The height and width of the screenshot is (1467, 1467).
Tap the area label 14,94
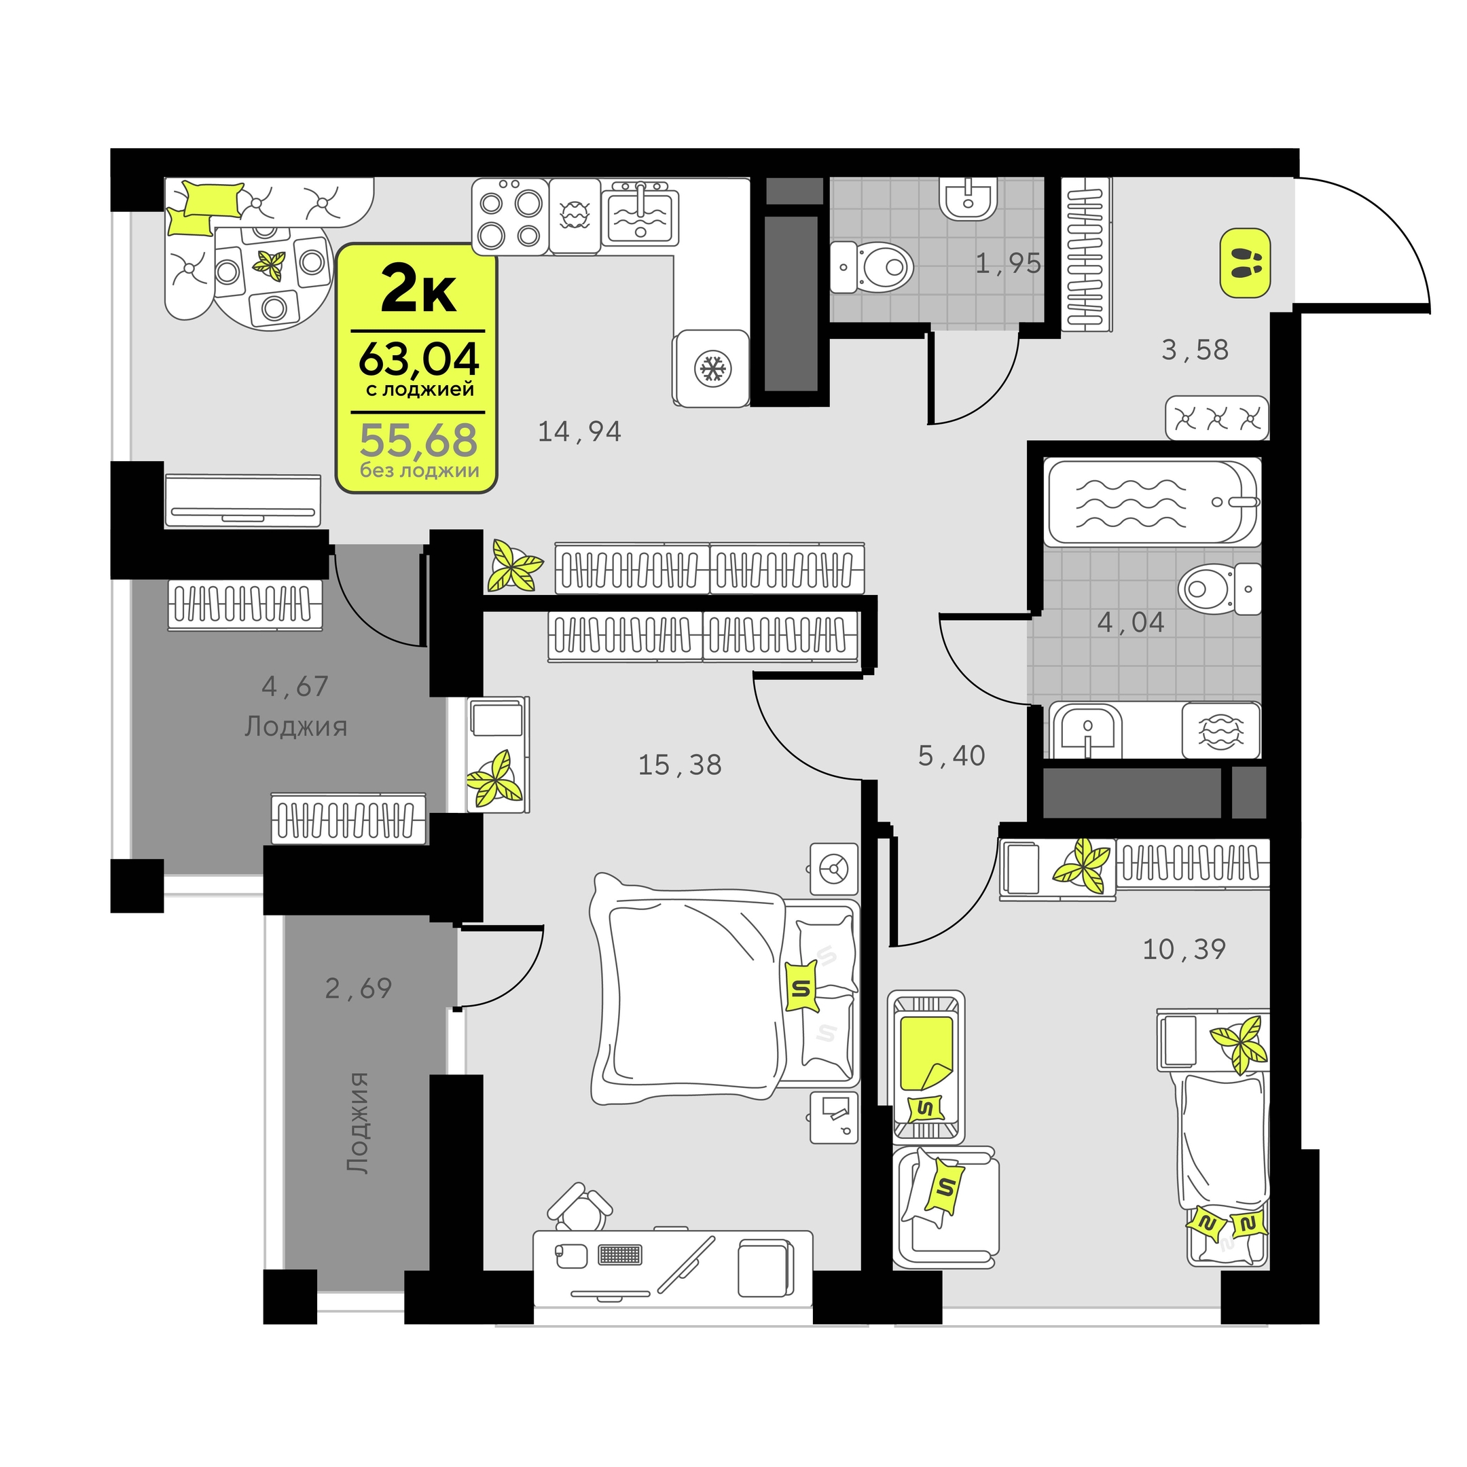pos(579,432)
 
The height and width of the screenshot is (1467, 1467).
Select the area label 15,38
pos(680,765)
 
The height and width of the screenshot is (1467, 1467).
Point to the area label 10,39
pos(1184,949)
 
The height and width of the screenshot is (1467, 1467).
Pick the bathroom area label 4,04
pos(1131,623)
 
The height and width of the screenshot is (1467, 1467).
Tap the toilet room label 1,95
pos(1008,264)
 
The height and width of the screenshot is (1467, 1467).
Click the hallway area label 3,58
pos(1195,350)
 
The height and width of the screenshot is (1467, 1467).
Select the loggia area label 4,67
pos(295,687)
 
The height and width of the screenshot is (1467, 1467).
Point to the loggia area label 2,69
pos(359,989)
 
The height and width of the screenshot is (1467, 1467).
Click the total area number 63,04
pos(418,359)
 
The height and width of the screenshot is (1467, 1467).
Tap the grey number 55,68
pos(418,439)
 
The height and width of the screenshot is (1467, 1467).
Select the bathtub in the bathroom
pos(1152,501)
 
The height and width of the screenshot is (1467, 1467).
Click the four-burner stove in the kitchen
pos(509,217)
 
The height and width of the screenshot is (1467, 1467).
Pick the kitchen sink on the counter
pos(640,213)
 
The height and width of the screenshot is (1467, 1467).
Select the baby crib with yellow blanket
pos(926,1067)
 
